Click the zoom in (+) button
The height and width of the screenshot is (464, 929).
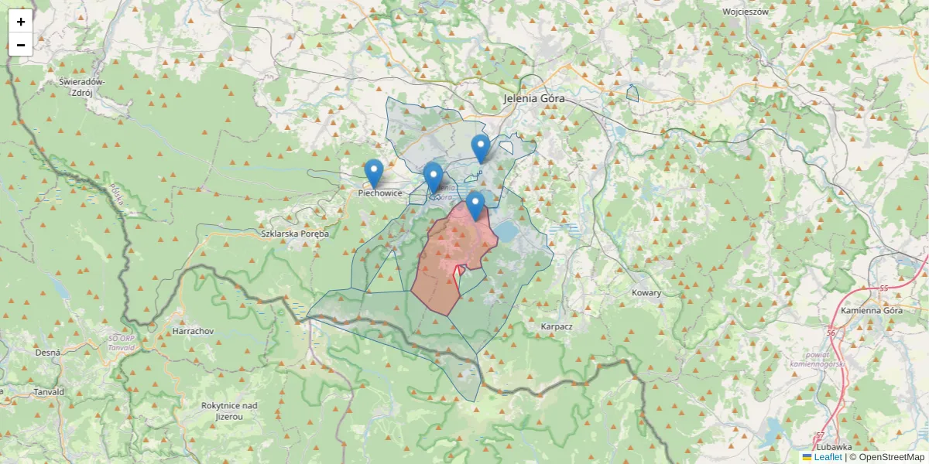(x=21, y=22)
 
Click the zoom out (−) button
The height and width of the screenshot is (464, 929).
(x=21, y=45)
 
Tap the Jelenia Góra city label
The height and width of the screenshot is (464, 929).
(x=534, y=99)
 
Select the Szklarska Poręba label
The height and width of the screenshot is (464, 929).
(x=295, y=234)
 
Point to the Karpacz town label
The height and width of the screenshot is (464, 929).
(x=557, y=326)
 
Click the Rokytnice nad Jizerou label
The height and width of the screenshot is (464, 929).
(x=228, y=411)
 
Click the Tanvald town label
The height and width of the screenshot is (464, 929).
(x=49, y=392)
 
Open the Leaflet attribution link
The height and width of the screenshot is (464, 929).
(x=828, y=457)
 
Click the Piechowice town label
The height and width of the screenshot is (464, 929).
(x=380, y=193)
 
